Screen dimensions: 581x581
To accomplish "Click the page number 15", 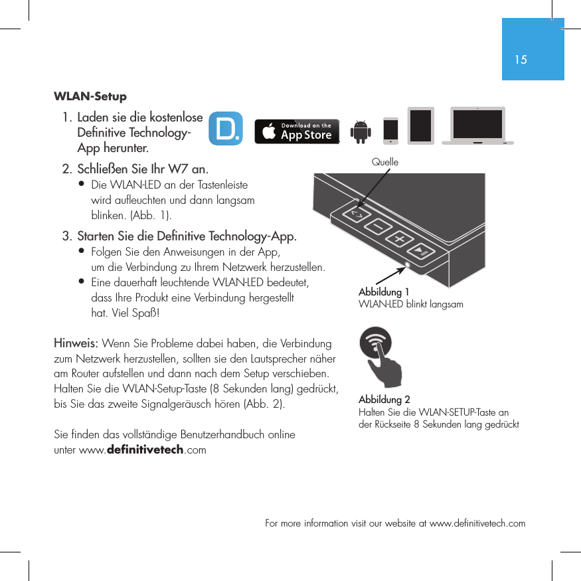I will click(x=521, y=60).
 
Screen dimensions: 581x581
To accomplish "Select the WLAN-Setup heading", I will click(x=90, y=97).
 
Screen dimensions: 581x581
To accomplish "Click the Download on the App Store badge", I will click(x=297, y=131).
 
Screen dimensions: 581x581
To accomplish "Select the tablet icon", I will click(x=420, y=125).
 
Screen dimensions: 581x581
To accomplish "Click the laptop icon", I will click(x=477, y=125).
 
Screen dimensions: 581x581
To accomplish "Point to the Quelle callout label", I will click(x=385, y=162).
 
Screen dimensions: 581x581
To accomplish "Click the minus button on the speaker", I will click(x=378, y=227).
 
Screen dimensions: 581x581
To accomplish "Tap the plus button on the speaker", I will click(x=400, y=238).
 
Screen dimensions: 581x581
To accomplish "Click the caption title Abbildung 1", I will click(x=384, y=292).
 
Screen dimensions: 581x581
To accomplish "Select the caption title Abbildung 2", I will click(x=384, y=400).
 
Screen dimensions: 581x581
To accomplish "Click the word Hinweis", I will click(x=76, y=344).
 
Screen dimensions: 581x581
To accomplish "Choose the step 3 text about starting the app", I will click(x=187, y=236).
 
